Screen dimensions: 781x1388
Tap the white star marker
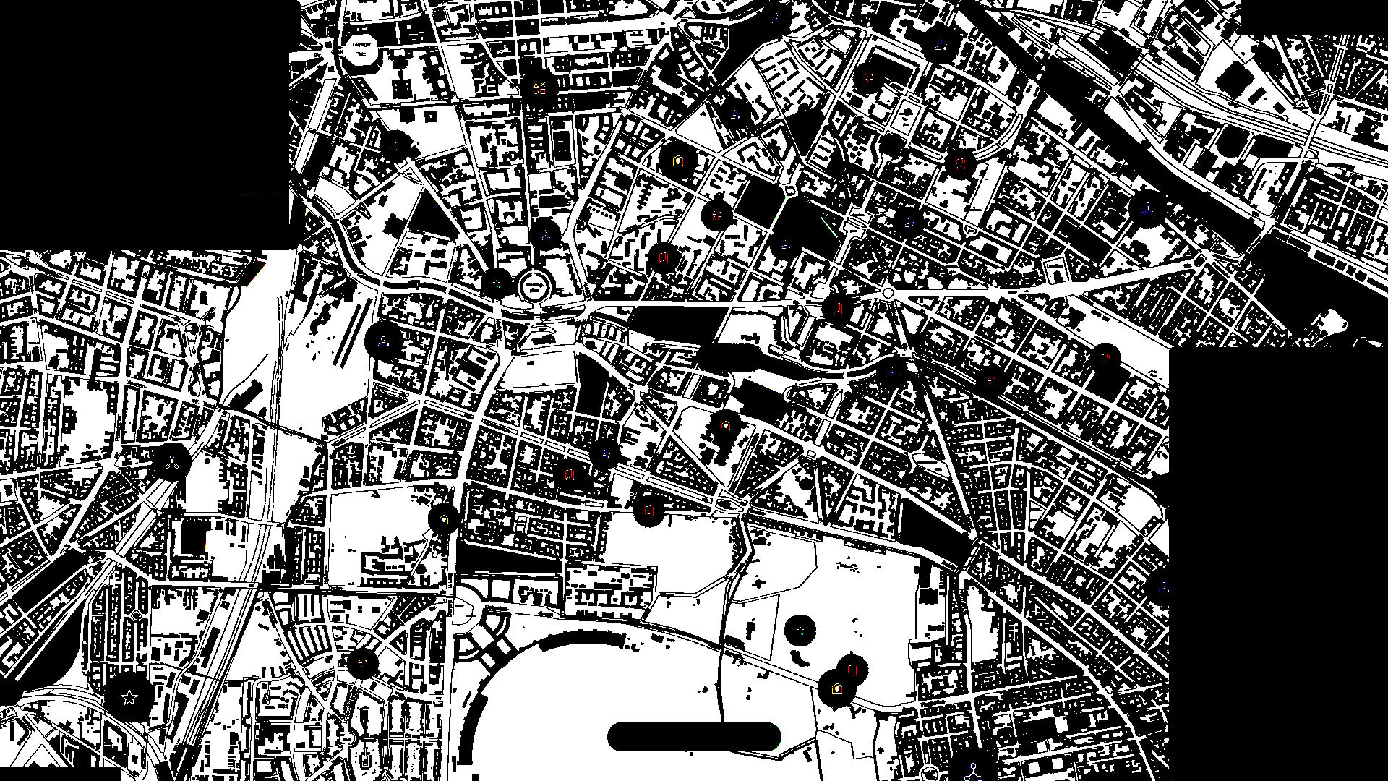pos(129,698)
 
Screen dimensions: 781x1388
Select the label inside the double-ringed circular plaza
pos(534,286)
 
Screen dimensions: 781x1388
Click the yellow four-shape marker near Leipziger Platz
pos(539,88)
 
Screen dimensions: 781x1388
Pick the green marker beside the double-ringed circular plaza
pos(497,283)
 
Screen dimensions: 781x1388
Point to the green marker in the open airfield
pos(800,631)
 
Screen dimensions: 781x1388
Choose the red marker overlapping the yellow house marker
pos(852,670)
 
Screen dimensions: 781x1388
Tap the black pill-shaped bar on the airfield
pos(694,737)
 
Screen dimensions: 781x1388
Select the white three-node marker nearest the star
pos(171,463)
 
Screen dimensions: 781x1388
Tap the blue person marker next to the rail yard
pos(384,340)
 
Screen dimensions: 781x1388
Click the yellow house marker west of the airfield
pos(443,519)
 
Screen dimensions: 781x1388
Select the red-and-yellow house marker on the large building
pos(725,425)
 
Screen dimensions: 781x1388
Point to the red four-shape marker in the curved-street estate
pos(362,662)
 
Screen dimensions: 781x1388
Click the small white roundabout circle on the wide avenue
pos(888,293)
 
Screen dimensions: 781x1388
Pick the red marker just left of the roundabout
pos(838,309)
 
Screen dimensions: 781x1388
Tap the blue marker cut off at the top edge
pos(777,14)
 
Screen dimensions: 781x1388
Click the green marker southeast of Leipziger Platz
pos(395,147)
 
